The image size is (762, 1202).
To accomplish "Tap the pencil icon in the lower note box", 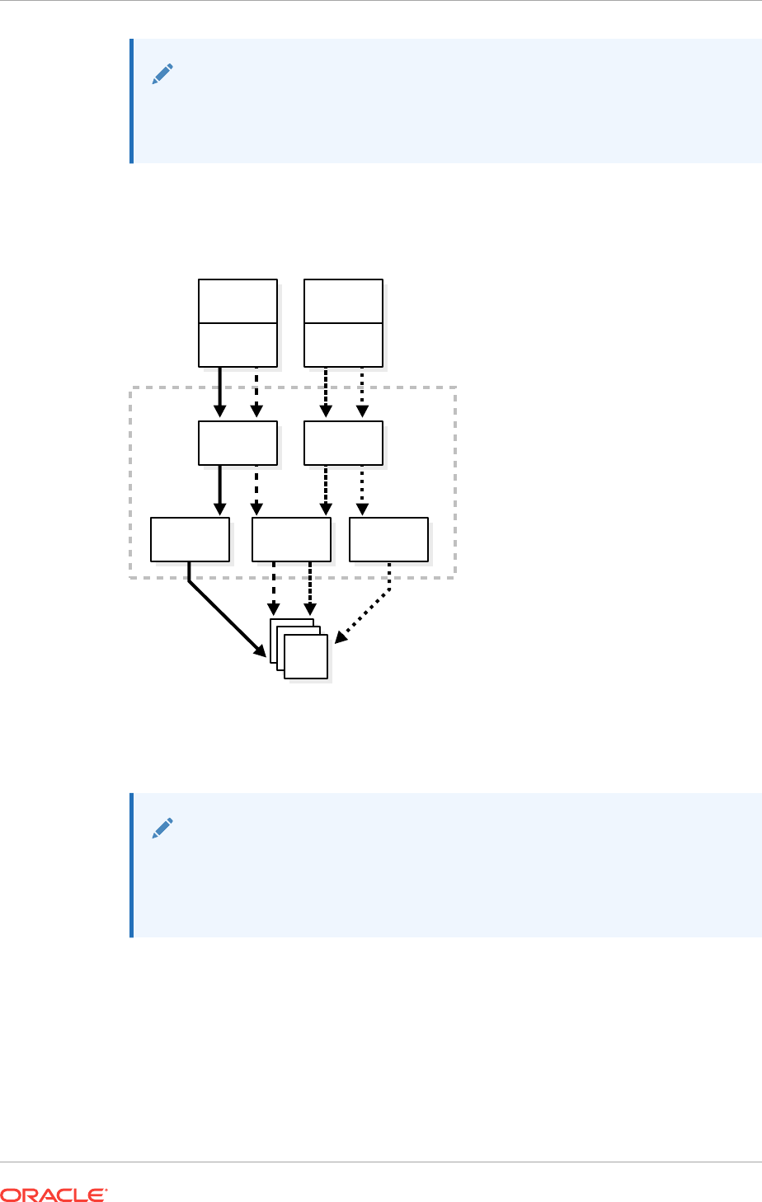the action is click(x=162, y=829).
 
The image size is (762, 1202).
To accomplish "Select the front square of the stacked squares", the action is click(x=306, y=656).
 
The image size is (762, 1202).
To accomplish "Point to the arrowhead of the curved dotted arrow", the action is click(x=340, y=639).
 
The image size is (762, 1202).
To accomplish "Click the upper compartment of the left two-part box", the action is click(x=238, y=301).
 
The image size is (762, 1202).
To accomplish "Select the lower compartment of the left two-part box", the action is click(x=238, y=344).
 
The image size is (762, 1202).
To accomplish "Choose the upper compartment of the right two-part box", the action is click(x=343, y=301).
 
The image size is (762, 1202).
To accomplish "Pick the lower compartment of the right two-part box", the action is click(x=343, y=344).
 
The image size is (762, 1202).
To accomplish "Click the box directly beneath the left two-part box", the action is click(x=238, y=443).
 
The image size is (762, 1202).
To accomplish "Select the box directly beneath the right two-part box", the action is click(x=343, y=443).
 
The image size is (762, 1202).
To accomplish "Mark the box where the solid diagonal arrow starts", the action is click(x=190, y=539).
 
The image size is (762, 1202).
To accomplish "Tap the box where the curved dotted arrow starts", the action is click(x=388, y=539).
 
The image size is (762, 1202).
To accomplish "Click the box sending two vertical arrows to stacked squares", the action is click(x=291, y=539).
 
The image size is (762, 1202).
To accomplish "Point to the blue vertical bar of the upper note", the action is click(x=131, y=101).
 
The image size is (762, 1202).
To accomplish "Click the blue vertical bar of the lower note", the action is click(x=131, y=865).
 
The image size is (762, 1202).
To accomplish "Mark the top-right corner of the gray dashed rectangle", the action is click(x=455, y=387).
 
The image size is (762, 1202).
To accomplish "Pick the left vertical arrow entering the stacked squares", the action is click(x=274, y=589).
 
